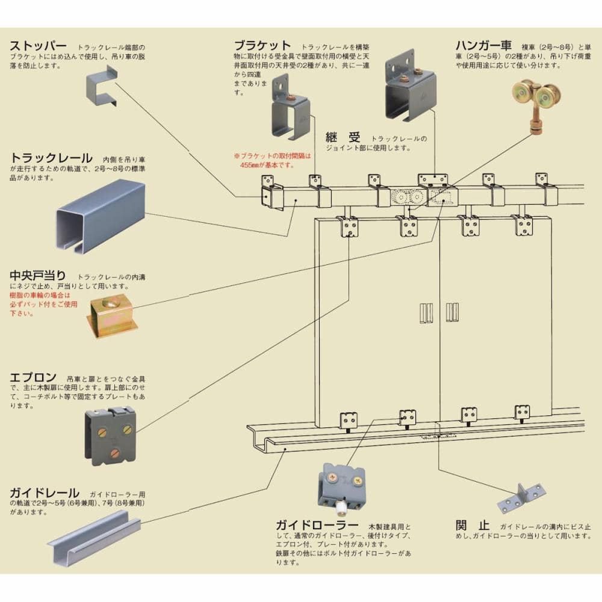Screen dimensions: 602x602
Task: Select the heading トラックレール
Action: tap(51, 158)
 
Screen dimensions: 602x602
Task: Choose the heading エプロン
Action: tap(33, 377)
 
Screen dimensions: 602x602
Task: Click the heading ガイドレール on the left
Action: tap(44, 492)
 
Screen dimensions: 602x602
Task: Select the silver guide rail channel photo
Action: tap(93, 536)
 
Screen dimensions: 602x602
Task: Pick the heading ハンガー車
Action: tap(483, 45)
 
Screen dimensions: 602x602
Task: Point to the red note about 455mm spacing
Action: tap(274, 160)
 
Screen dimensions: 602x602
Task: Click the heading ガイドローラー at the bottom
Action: tap(317, 525)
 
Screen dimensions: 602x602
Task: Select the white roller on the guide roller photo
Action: tap(341, 508)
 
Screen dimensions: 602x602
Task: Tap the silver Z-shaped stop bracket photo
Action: tap(521, 496)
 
